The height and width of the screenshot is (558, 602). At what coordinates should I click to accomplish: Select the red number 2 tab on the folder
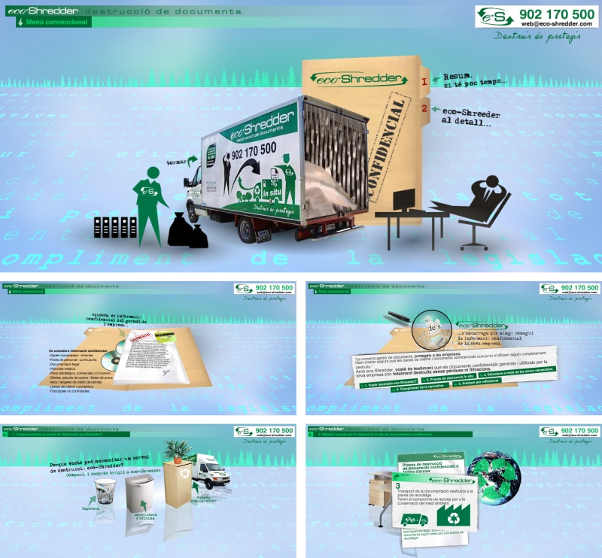pos(425,109)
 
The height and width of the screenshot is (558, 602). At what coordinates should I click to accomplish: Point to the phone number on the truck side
pos(254,149)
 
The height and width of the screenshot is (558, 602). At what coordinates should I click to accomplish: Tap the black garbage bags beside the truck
pos(187,231)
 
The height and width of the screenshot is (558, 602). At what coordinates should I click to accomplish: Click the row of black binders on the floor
pos(115,226)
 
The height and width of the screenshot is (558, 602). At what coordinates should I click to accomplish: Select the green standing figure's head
pos(152,173)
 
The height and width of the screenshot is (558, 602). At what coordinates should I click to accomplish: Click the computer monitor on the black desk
pos(403,199)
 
